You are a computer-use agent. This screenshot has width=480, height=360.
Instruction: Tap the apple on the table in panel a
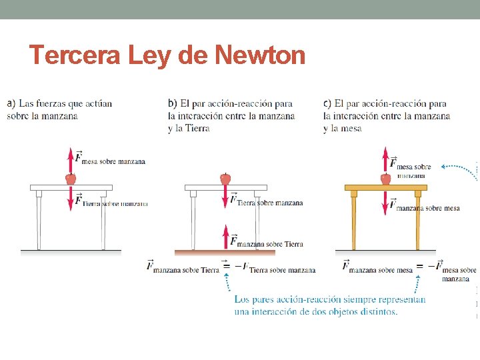coord(71,179)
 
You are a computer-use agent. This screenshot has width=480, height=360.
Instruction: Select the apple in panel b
coord(225,179)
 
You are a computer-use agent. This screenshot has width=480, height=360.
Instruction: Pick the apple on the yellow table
coord(385,179)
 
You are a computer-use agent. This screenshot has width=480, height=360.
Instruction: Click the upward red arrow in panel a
coord(71,160)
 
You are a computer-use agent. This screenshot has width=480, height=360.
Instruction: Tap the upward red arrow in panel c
coord(385,160)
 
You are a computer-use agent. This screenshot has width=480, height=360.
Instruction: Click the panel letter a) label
coord(11,103)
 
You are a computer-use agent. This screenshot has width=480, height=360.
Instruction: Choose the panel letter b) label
coord(172,103)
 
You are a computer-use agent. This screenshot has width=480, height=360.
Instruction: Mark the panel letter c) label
coord(327,103)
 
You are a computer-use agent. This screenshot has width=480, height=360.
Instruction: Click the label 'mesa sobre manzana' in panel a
coord(114,162)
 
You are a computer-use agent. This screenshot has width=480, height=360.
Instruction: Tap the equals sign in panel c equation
coord(419,267)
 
